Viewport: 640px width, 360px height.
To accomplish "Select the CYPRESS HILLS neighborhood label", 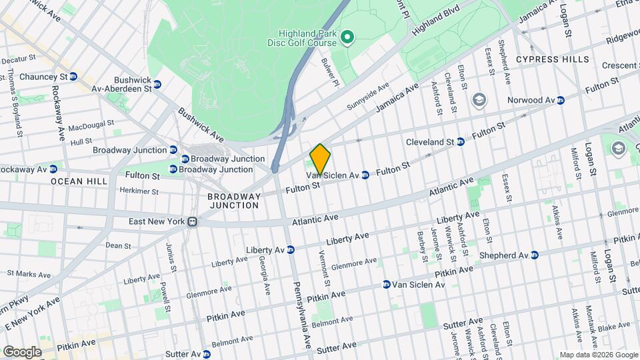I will [553, 59].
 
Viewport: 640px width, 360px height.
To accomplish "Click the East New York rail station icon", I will [192, 221].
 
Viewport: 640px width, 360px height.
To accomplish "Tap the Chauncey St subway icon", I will [73, 77].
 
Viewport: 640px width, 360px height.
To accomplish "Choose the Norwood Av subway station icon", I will [561, 100].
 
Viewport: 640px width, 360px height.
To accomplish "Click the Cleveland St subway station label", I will [431, 142].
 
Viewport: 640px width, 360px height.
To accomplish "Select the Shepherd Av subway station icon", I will [533, 255].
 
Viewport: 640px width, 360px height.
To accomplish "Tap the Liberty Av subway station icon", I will [290, 250].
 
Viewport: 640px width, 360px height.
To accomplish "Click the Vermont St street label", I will [323, 261].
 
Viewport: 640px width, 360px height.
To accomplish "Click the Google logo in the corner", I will [22, 351].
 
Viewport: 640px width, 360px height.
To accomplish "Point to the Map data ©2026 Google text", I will [598, 355].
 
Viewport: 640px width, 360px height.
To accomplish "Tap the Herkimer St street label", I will [136, 191].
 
